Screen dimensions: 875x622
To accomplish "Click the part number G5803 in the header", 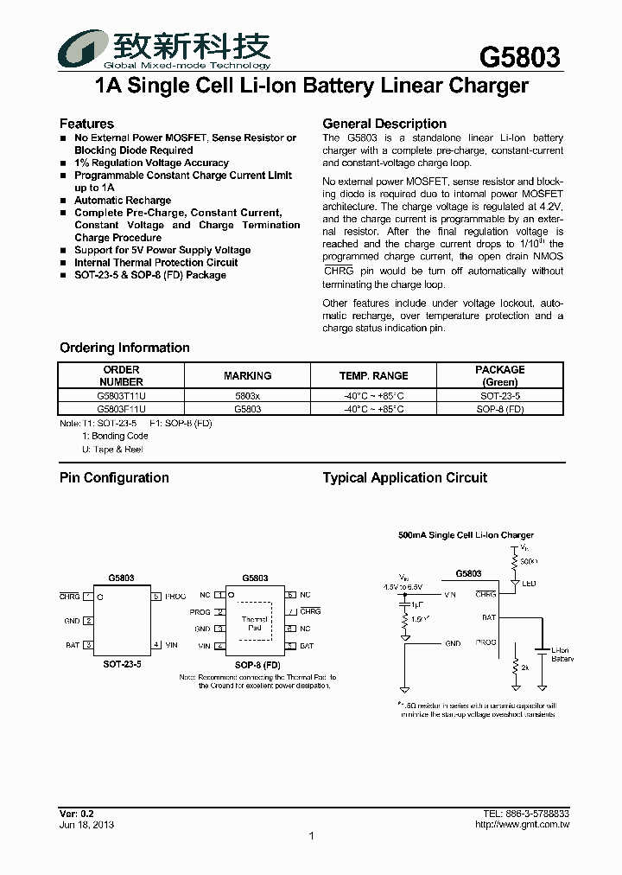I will (x=519, y=57).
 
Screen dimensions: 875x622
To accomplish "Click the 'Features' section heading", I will (x=86, y=124).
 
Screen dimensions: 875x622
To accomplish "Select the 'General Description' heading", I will (x=384, y=124).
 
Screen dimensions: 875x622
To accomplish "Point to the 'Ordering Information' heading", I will (x=124, y=348).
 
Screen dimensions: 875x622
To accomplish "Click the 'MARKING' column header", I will (x=247, y=375).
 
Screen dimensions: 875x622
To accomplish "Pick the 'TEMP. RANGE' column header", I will (x=373, y=375).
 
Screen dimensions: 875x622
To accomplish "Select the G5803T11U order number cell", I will (x=122, y=394).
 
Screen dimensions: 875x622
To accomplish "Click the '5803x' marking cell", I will (x=247, y=394).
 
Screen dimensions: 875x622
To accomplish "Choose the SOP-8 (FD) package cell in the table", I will (x=499, y=409).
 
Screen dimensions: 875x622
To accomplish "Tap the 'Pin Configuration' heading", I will (x=114, y=477).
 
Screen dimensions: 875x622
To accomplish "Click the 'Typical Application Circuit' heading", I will (x=404, y=477).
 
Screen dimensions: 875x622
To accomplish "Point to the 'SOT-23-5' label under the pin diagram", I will (x=121, y=665).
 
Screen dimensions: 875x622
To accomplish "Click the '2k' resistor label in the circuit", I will (x=524, y=668).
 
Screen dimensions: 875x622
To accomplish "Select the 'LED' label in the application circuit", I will (x=529, y=584).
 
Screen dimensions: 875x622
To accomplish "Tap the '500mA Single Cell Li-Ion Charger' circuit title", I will (x=466, y=535).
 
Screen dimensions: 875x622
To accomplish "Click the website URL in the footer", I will (x=523, y=824).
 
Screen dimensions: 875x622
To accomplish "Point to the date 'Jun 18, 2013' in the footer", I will (x=86, y=824).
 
